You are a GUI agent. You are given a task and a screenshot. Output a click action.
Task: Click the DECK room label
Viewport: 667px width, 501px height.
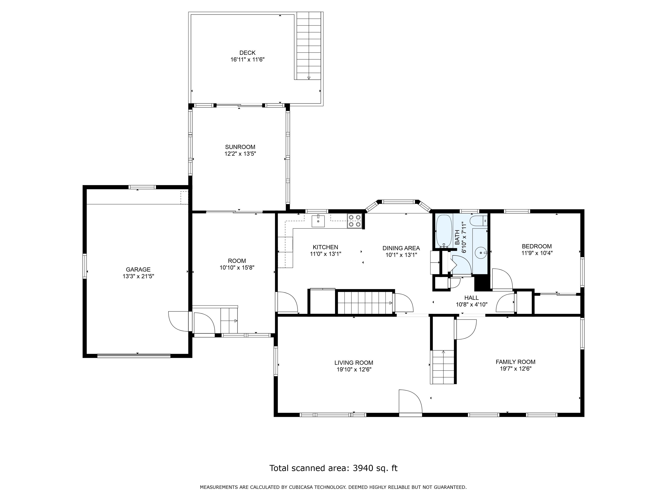point(247,53)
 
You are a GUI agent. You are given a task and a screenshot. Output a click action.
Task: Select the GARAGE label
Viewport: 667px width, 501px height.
point(138,269)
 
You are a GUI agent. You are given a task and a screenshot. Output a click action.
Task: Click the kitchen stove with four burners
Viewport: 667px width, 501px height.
point(354,221)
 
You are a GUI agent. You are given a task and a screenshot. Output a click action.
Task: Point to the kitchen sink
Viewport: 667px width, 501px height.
point(318,220)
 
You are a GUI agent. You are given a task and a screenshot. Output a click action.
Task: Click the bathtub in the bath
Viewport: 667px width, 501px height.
point(444,231)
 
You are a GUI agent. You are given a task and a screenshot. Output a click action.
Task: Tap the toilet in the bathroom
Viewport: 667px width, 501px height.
point(479,221)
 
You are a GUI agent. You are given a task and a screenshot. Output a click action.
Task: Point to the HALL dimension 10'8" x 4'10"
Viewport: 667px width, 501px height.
point(472,304)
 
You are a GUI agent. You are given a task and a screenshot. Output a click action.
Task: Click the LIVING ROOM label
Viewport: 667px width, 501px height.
point(354,363)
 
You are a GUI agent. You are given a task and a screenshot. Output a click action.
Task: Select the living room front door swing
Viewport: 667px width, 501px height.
point(410,401)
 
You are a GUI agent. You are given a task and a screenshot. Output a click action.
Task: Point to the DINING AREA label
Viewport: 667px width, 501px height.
point(401,248)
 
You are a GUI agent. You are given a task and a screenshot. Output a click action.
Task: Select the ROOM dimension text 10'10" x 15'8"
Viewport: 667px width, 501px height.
point(237,267)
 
